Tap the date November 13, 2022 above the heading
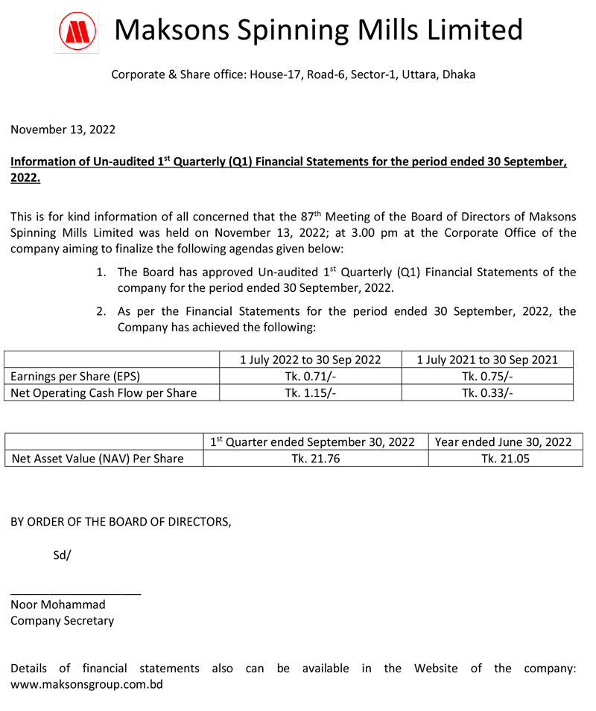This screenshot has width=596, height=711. pyautogui.click(x=63, y=130)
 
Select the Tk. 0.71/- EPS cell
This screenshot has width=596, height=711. pyautogui.click(x=310, y=376)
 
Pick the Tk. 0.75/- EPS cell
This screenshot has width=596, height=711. pyautogui.click(x=487, y=376)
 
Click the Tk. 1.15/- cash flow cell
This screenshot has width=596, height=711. pyautogui.click(x=310, y=392)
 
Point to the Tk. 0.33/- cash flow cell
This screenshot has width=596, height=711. pyautogui.click(x=487, y=392)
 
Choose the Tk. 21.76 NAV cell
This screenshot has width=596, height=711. pyautogui.click(x=315, y=459)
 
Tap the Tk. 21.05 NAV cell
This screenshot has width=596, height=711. pyautogui.click(x=505, y=459)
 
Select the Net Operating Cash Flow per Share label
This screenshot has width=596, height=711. pyautogui.click(x=104, y=392)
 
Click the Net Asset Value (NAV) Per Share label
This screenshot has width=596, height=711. pyautogui.click(x=97, y=459)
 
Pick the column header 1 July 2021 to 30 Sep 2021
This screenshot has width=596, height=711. pyautogui.click(x=487, y=360)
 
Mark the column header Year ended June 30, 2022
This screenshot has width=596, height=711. pyautogui.click(x=505, y=441)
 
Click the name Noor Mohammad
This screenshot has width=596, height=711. pyautogui.click(x=58, y=605)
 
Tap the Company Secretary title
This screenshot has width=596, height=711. pyautogui.click(x=63, y=620)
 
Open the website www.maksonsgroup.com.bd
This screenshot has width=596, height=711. pyautogui.click(x=86, y=684)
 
